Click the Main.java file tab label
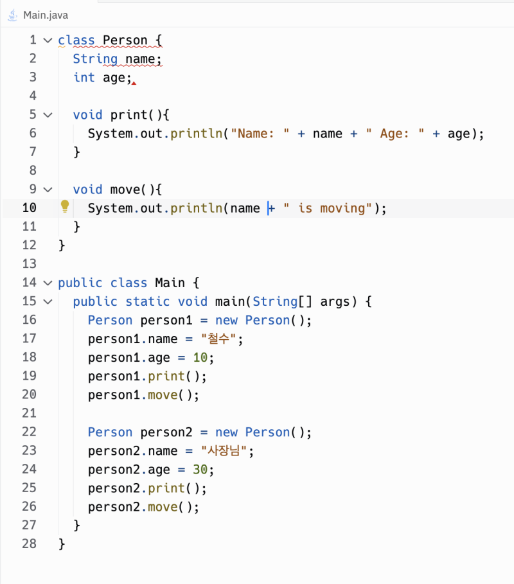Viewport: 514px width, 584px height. pos(46,15)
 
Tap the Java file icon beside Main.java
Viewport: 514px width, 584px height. pos(13,15)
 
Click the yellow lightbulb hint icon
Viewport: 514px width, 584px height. pos(65,206)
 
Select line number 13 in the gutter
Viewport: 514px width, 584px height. pos(30,263)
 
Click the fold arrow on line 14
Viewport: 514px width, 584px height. pos(48,283)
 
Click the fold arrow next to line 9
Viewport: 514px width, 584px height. pos(48,190)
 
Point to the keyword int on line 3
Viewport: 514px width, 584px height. pos(84,78)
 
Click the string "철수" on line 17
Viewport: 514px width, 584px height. pos(218,339)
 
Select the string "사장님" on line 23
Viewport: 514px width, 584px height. pos(224,451)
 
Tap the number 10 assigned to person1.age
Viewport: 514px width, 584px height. pos(200,358)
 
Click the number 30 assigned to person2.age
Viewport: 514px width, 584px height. pos(200,470)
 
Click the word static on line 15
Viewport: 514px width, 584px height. pos(148,301)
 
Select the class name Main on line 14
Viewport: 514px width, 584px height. pos(170,283)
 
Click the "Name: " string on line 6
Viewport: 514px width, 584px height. pos(260,134)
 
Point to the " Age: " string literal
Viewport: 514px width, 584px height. pos(394,134)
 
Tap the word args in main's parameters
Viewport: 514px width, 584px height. pos(335,302)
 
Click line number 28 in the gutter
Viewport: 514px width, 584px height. pos(30,544)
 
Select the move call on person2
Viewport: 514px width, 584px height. pos(163,507)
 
